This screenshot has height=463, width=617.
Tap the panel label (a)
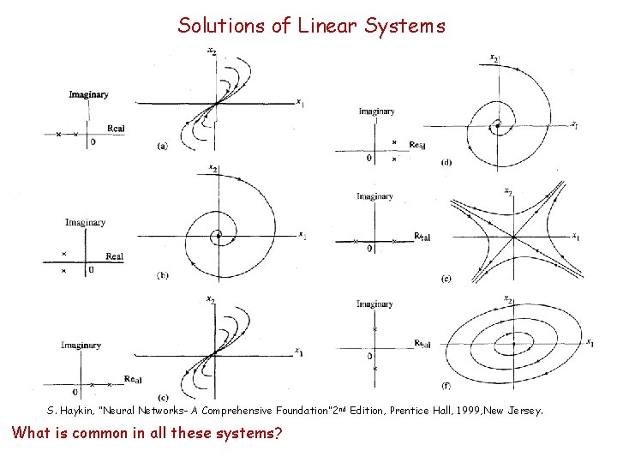click(162, 146)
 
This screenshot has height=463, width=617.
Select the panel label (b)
click(162, 274)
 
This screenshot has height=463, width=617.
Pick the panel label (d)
click(446, 162)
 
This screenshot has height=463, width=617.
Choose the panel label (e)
click(446, 278)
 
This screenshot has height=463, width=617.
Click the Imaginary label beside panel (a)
click(89, 94)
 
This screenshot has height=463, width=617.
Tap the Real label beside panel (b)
click(114, 256)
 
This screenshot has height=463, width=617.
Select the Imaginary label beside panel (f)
click(375, 304)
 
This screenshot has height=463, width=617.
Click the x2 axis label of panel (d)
click(494, 58)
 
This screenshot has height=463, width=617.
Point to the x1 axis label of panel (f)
click(590, 343)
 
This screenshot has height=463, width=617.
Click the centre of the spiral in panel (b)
click(219, 234)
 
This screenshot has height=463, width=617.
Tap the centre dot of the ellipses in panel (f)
click(513, 344)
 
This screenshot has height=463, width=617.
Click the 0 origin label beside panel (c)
click(75, 392)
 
